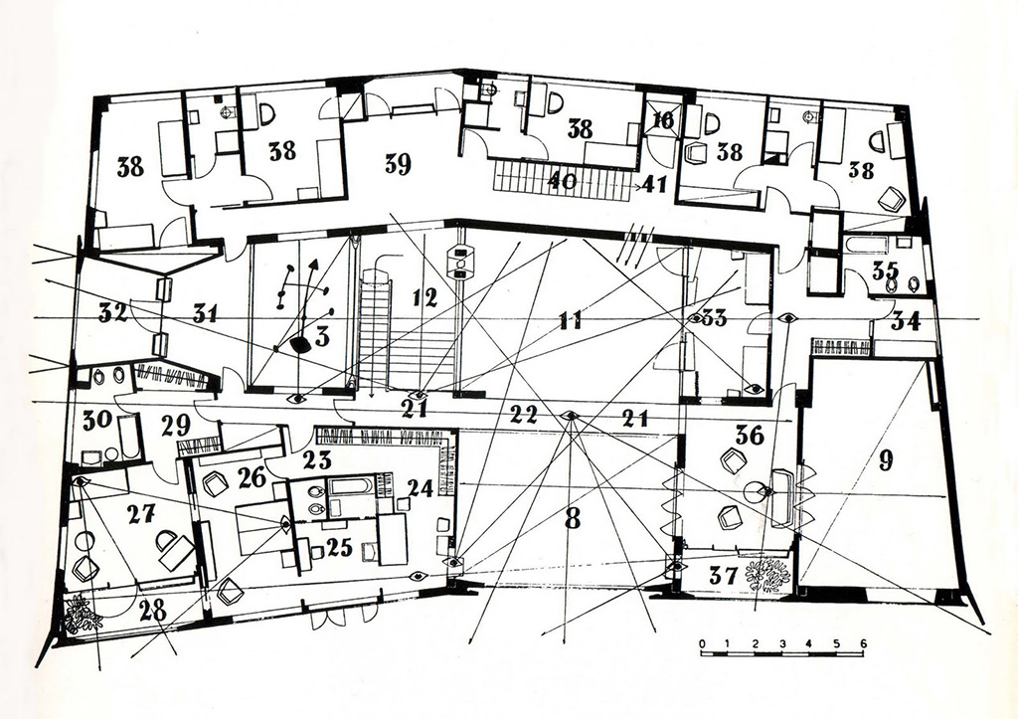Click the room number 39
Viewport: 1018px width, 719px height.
click(398, 164)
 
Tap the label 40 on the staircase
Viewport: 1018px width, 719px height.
click(563, 180)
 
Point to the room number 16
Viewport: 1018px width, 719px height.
click(663, 119)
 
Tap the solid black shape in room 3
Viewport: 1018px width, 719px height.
click(300, 344)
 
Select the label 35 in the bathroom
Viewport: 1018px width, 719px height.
click(885, 270)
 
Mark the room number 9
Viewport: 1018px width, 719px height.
click(886, 459)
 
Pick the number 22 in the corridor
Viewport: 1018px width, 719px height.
click(523, 415)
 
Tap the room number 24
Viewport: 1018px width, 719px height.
click(419, 487)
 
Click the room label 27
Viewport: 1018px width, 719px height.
click(141, 514)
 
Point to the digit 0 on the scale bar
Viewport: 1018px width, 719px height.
click(703, 643)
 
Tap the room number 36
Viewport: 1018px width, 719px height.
click(751, 435)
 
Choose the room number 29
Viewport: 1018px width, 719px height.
click(176, 426)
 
